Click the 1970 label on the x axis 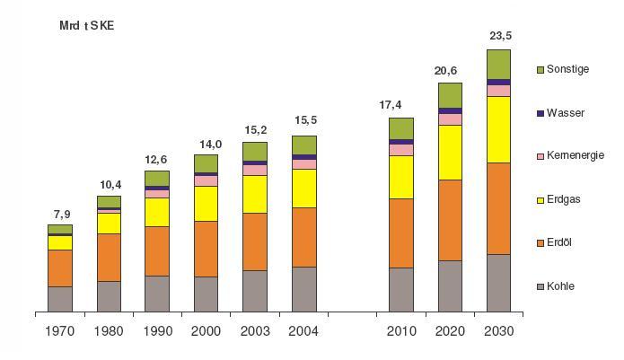point(59,330)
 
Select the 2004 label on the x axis point(303,330)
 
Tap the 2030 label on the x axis point(498,330)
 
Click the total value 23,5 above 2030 point(498,37)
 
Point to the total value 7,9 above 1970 point(59,214)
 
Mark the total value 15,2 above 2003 point(255,129)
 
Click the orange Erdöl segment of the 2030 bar point(498,208)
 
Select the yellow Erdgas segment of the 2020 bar point(450,153)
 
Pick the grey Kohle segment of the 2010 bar point(401,289)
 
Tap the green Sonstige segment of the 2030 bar point(498,64)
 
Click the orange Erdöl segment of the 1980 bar point(109,257)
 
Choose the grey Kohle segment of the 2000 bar point(206,294)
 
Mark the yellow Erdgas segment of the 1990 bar point(157,212)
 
